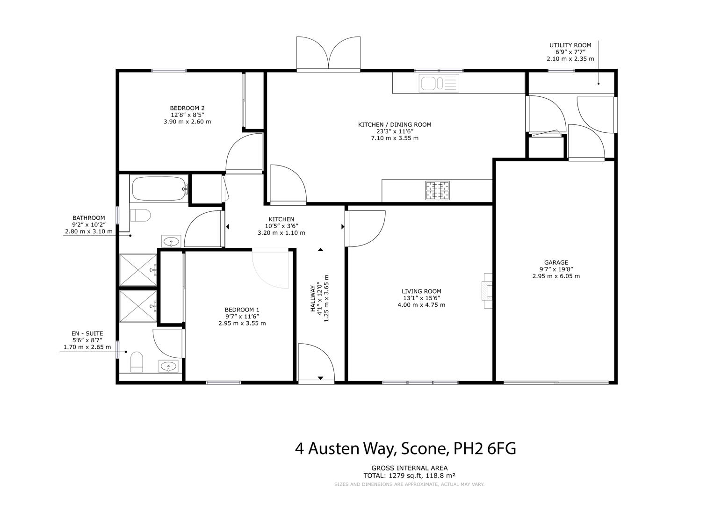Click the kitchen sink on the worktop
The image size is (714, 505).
click(x=439, y=83)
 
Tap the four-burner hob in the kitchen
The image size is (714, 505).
click(x=437, y=190)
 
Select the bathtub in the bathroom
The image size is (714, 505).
click(x=160, y=188)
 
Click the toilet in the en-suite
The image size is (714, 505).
click(x=137, y=361)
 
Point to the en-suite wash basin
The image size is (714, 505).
click(x=168, y=366)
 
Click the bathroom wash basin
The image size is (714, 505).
click(x=171, y=241)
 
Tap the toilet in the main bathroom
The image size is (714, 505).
click(x=140, y=215)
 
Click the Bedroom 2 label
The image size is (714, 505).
click(x=187, y=108)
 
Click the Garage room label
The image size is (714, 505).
click(x=556, y=262)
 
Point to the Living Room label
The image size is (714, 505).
click(x=421, y=291)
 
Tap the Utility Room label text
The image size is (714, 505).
click(x=570, y=45)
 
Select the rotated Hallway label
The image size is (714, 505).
click(x=313, y=298)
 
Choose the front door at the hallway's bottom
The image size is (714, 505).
click(x=316, y=362)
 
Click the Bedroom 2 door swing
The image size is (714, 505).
click(x=244, y=153)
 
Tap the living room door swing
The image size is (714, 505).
click(x=366, y=229)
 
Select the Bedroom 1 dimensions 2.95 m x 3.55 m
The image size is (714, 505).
click(x=242, y=323)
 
